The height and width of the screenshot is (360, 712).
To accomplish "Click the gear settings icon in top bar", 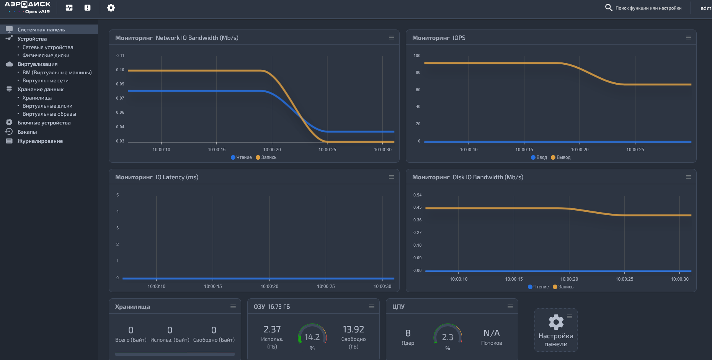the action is [x=111, y=8].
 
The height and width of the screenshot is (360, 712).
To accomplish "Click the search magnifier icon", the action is [x=609, y=8].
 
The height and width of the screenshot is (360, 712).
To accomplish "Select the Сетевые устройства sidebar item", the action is [x=48, y=47].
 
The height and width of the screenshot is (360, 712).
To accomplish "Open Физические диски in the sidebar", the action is [x=46, y=55].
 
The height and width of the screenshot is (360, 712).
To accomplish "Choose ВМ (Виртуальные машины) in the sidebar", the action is [x=57, y=72].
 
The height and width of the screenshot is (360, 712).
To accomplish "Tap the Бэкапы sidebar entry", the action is [x=27, y=132].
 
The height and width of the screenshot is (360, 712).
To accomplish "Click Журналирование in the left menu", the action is [x=40, y=141].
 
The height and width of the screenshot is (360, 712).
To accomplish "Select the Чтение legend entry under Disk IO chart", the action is [x=538, y=287].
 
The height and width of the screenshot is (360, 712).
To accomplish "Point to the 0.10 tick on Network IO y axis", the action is [x=120, y=70].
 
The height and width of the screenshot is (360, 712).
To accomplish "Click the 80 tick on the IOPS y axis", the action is [x=418, y=72].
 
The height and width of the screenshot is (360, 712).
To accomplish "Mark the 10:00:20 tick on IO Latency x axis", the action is [x=269, y=286].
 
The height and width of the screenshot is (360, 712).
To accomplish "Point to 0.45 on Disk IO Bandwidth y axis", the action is [x=417, y=207].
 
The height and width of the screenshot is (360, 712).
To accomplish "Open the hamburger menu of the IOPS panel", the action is [x=689, y=38].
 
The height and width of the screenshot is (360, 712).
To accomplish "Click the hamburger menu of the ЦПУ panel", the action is [x=510, y=306].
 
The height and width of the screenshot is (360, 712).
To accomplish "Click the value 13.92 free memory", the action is [x=353, y=329].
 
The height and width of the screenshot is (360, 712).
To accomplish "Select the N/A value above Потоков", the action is [x=492, y=333].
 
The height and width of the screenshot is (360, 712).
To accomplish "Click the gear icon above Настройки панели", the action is [x=556, y=322].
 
